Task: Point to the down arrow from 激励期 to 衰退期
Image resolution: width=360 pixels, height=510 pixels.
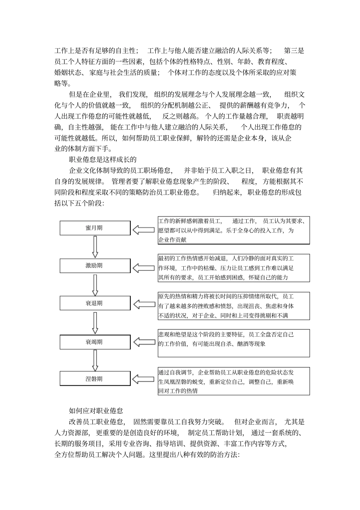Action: [x=95, y=285]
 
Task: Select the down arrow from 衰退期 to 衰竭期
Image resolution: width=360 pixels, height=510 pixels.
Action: [x=95, y=323]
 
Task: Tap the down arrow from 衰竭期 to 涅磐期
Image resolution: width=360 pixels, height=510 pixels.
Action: [x=95, y=360]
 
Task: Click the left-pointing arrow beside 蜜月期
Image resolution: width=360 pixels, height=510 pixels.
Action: [x=144, y=229]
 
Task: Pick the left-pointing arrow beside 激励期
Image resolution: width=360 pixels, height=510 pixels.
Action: [x=144, y=268]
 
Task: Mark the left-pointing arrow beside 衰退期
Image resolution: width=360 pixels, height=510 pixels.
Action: [x=144, y=304]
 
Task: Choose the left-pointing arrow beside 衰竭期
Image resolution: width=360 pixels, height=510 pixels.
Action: [x=144, y=342]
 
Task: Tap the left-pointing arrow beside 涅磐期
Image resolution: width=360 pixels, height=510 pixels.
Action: [x=144, y=379]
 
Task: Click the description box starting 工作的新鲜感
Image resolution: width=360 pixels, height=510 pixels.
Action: [x=234, y=230]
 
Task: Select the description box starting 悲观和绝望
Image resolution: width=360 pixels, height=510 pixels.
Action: [x=234, y=343]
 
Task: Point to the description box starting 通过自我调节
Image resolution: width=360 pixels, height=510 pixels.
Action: [x=234, y=381]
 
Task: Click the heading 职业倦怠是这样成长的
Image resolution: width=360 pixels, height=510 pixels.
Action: [x=102, y=160]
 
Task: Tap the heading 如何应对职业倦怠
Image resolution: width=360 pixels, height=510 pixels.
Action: [x=96, y=411]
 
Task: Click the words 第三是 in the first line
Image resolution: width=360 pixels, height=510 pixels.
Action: [x=294, y=50]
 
